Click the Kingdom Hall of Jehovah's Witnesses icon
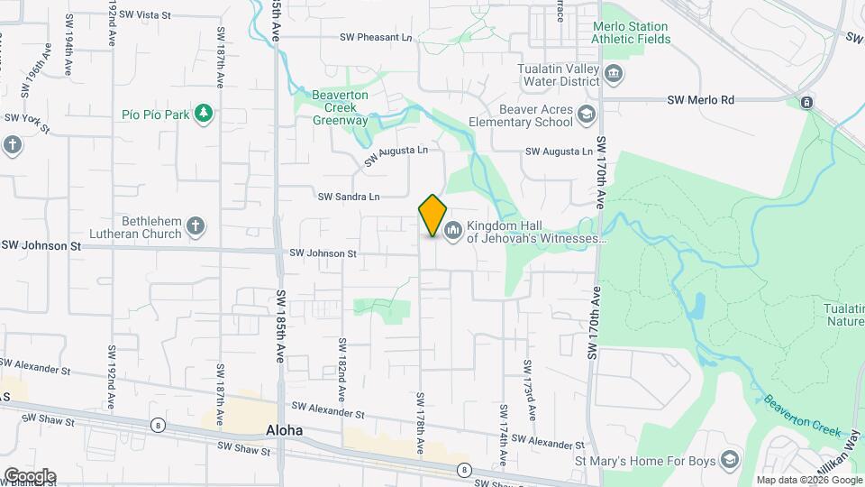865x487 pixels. tap(452, 232)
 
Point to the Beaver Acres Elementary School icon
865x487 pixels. tap(587, 115)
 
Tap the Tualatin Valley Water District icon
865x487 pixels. tap(614, 74)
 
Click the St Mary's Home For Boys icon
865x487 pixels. tap(730, 461)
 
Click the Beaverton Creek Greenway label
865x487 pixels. tap(341, 107)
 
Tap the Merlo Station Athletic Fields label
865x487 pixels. tap(631, 33)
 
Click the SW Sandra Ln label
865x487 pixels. tap(349, 197)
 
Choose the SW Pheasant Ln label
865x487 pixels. tap(376, 37)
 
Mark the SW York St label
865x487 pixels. tap(25, 118)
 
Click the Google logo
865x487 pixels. tap(30, 475)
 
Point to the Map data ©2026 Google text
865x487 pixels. tap(808, 480)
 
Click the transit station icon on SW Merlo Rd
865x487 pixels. tap(806, 102)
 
